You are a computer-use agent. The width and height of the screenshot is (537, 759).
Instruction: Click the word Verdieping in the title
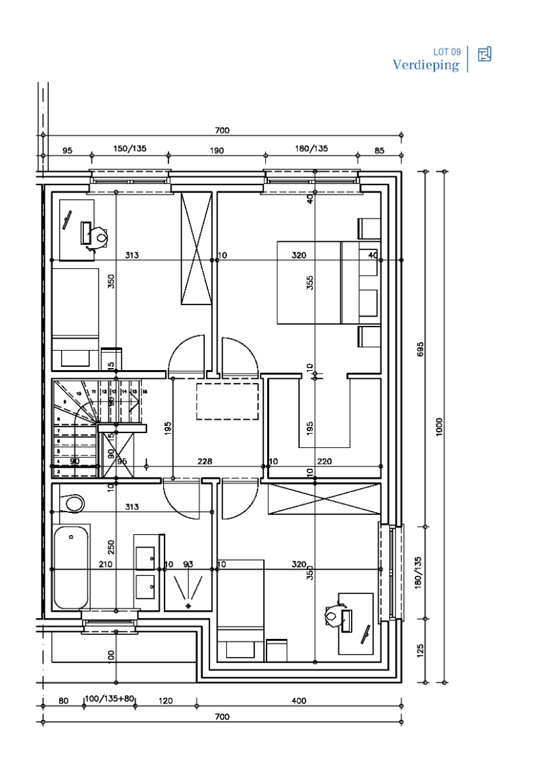pyautogui.click(x=426, y=65)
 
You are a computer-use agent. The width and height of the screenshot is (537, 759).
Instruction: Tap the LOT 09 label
pyautogui.click(x=446, y=52)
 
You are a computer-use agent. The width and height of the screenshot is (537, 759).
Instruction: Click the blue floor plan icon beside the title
pyautogui.click(x=484, y=54)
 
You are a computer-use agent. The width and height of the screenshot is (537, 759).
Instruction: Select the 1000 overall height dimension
pyautogui.click(x=440, y=426)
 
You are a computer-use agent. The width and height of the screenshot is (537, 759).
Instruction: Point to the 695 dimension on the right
pyautogui.click(x=420, y=349)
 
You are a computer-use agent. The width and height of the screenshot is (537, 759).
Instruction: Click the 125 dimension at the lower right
pyautogui.click(x=420, y=651)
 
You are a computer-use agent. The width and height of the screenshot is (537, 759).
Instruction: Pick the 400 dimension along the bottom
pyautogui.click(x=299, y=701)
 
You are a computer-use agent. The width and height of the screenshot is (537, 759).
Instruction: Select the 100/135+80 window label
pyautogui.click(x=109, y=701)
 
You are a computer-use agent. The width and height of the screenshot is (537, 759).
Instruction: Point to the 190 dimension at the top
pyautogui.click(x=216, y=150)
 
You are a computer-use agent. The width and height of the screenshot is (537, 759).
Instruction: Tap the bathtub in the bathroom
pyautogui.click(x=70, y=567)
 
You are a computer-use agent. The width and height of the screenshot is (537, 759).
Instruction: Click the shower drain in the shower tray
pyautogui.click(x=188, y=605)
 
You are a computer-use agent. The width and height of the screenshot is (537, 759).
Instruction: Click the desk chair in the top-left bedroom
pyautogui.click(x=101, y=237)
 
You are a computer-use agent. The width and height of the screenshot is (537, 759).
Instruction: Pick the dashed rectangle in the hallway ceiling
pyautogui.click(x=228, y=401)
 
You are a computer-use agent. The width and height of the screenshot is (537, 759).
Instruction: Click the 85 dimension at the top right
pyautogui.click(x=379, y=150)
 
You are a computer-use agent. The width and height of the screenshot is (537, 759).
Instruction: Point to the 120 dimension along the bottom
pyautogui.click(x=165, y=701)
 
